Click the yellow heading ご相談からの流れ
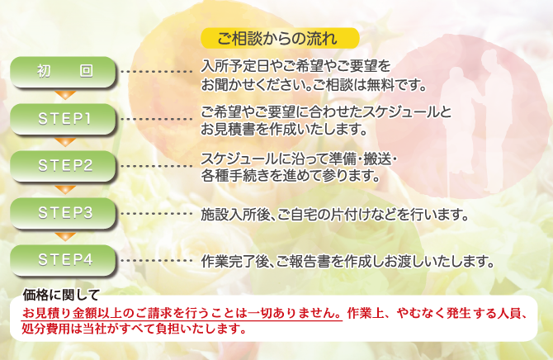click(x=280, y=38)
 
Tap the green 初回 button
click(x=63, y=72)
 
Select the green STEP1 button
click(x=63, y=119)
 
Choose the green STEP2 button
click(x=63, y=166)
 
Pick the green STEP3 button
click(x=63, y=213)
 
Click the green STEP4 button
click(x=63, y=260)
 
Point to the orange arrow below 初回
click(x=65, y=95)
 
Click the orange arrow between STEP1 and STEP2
click(x=65, y=142)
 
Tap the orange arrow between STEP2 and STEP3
click(x=65, y=189)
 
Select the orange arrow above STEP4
click(x=65, y=236)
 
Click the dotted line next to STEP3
click(x=156, y=214)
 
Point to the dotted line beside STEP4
click(x=156, y=261)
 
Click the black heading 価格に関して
click(x=61, y=295)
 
